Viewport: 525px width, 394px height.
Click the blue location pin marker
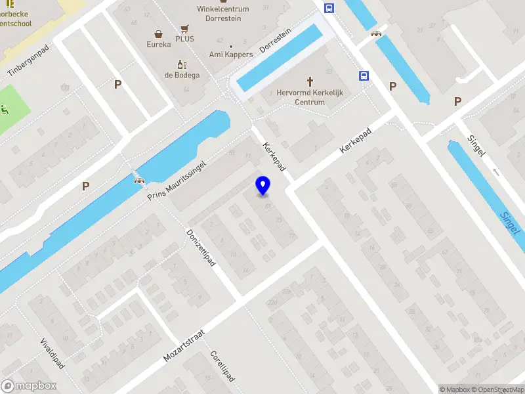(x=262, y=185)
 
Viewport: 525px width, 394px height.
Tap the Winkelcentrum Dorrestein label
(x=219, y=13)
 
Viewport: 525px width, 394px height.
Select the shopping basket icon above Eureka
(x=158, y=33)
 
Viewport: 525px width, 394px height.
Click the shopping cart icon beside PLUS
(x=185, y=29)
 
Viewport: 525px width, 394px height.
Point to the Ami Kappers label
(x=230, y=55)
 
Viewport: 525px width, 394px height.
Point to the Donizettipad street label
(x=201, y=248)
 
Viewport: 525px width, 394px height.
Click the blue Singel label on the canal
(x=510, y=223)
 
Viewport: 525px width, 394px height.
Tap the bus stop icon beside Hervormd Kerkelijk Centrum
(x=363, y=76)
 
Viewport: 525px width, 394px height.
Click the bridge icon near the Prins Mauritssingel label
(x=138, y=181)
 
